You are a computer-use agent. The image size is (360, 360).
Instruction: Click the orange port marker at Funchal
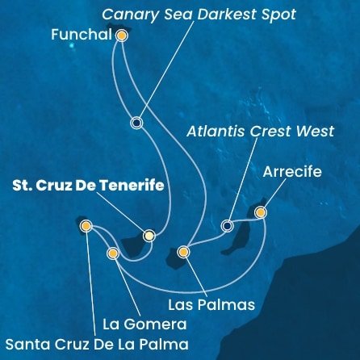point(122,36)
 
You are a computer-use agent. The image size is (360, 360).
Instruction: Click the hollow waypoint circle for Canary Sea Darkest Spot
point(136,123)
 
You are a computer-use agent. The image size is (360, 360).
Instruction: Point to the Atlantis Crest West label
point(259,132)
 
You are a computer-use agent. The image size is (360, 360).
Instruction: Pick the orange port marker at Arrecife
point(260,212)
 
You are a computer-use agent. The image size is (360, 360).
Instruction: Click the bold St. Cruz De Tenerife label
point(89,186)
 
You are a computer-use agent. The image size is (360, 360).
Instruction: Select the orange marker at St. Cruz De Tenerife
point(149,236)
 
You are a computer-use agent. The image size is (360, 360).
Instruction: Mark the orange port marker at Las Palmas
point(183,252)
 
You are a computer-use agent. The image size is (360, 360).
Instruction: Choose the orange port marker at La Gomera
point(112,253)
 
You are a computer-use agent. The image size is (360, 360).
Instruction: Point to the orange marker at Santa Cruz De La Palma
point(86,227)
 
